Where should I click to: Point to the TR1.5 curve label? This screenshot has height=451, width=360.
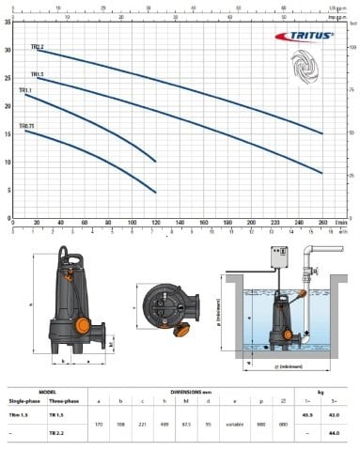click(37, 73)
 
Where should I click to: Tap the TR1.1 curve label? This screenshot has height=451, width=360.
click(25, 91)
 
